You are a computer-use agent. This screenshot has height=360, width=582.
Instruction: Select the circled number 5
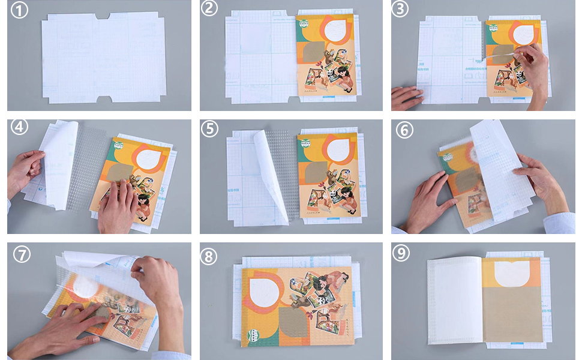point(209,130)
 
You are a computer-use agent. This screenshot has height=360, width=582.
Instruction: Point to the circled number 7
point(22,254)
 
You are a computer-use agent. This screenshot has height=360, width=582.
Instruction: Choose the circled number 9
point(401,253)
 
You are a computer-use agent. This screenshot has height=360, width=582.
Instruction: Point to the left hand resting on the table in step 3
point(407,97)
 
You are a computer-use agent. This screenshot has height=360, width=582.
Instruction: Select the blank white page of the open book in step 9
point(454,300)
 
